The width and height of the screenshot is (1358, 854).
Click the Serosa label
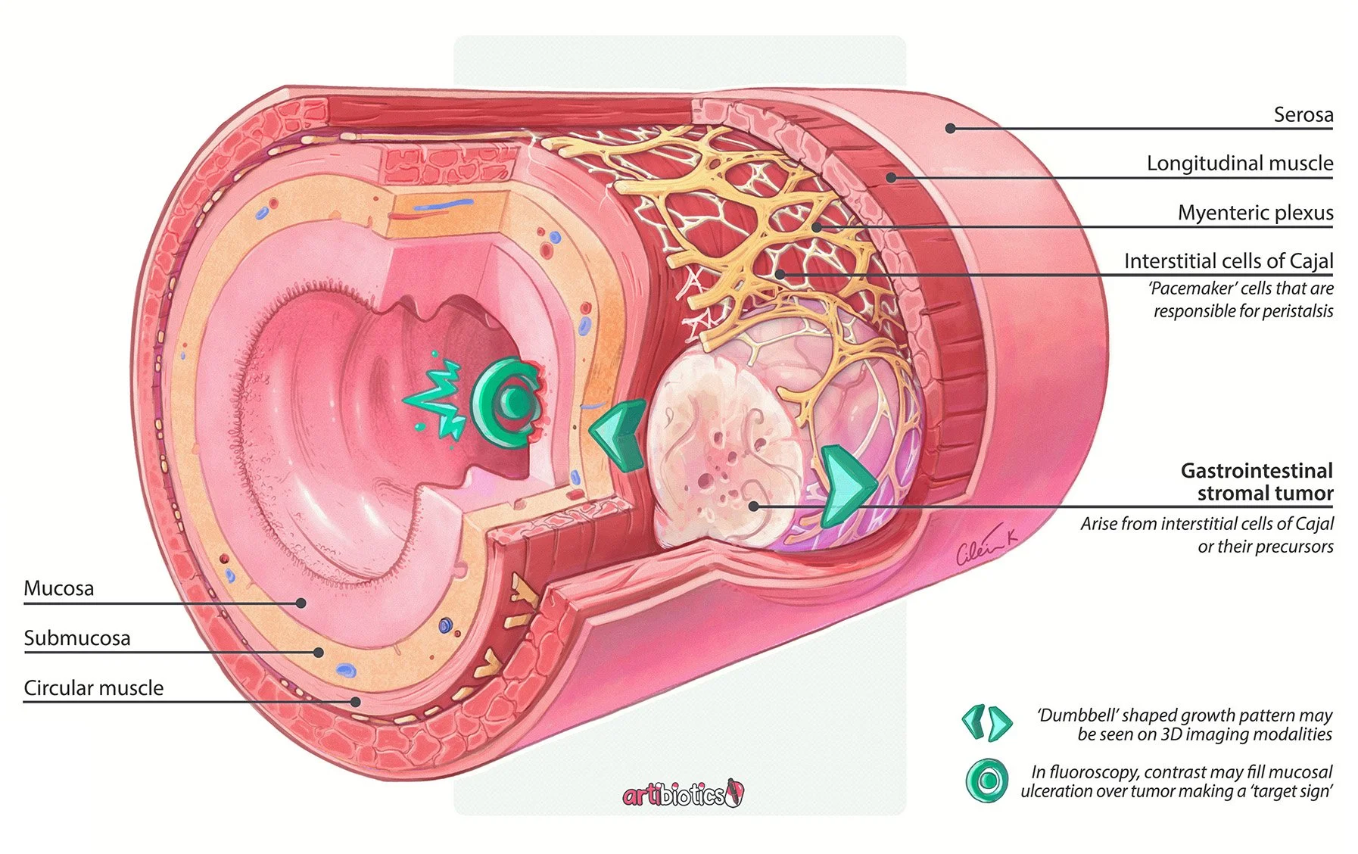(1303, 114)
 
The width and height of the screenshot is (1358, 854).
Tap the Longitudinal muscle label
(1240, 163)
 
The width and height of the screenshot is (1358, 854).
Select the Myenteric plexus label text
(1255, 213)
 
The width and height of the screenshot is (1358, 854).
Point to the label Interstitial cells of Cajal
(1229, 261)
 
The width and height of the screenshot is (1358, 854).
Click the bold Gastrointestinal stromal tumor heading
(1257, 482)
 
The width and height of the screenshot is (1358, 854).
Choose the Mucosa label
(59, 588)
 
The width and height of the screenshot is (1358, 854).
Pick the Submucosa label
(77, 638)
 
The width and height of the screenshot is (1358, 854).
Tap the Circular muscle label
(94, 687)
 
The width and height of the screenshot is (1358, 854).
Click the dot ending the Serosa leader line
(951, 129)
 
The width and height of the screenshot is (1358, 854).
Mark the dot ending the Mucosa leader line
(301, 603)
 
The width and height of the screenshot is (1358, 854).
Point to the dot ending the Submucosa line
(319, 652)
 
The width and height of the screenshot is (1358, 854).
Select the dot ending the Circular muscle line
(356, 702)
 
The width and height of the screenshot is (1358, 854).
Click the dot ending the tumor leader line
(754, 506)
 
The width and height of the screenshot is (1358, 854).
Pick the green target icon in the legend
(987, 781)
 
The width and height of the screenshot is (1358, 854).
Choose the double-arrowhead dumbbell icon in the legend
(986, 723)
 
